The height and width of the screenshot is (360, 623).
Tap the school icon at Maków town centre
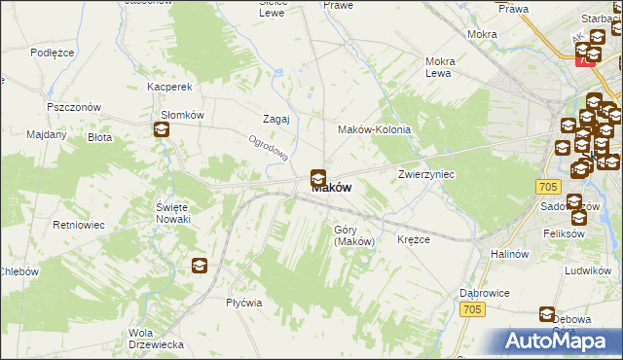click(317, 178)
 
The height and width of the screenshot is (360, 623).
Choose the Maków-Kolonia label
click(374, 129)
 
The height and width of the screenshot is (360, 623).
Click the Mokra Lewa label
click(440, 67)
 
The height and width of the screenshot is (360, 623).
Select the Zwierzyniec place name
click(426, 174)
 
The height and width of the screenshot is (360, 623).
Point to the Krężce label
click(414, 239)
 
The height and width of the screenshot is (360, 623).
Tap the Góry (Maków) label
click(353, 235)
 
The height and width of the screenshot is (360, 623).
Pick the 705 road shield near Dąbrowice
click(472, 309)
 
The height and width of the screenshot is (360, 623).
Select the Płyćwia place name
click(244, 303)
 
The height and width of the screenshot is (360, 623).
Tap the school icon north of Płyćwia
click(199, 265)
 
